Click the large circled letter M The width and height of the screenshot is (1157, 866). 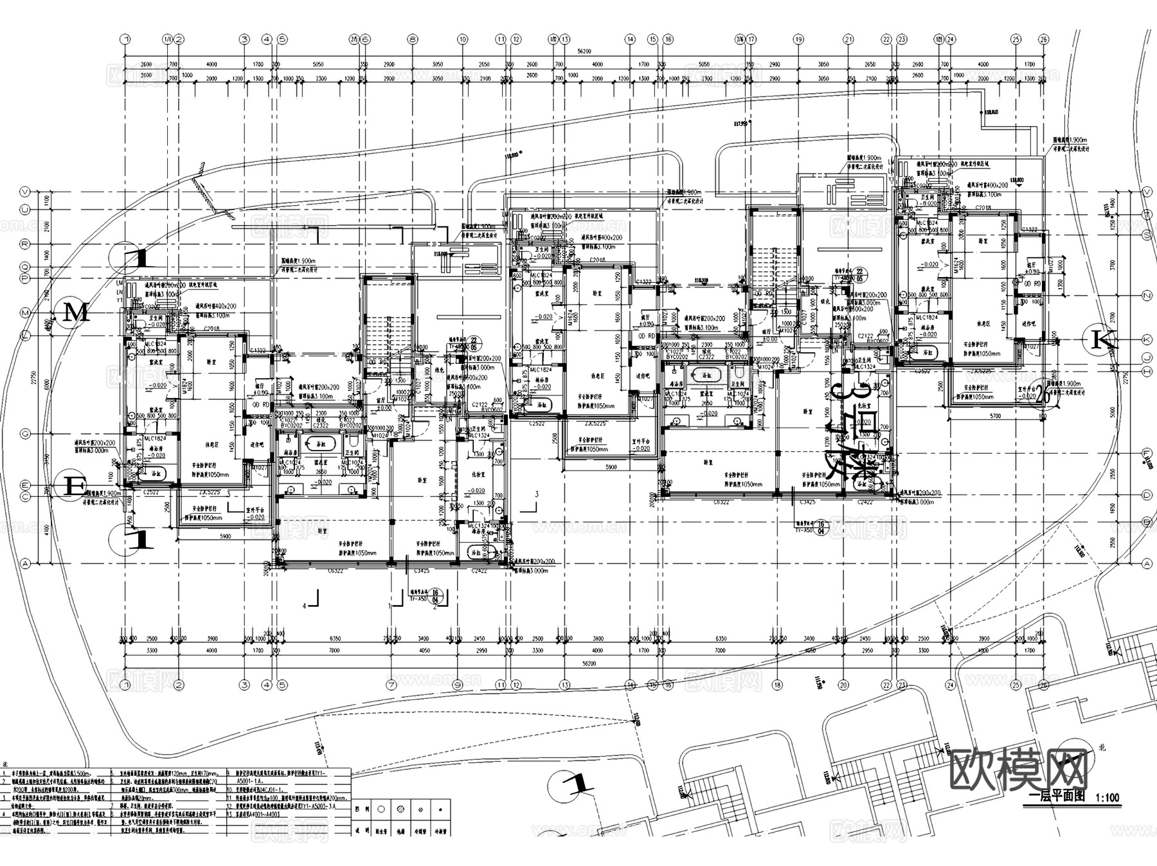76,314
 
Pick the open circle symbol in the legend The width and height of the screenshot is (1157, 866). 381,810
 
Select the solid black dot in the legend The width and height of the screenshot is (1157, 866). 440,810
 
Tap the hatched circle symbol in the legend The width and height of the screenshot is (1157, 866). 400,810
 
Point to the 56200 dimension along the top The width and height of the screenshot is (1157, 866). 584,51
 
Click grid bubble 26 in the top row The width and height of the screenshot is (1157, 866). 1043,39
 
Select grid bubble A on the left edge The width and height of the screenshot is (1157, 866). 26,563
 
